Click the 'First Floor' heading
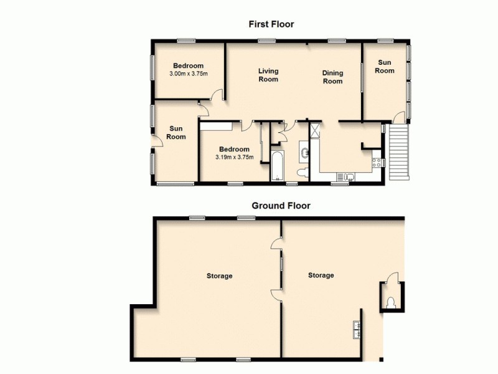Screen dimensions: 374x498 (x=271, y=24)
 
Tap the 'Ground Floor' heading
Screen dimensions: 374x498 (x=281, y=205)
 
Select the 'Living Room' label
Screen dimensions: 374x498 (x=268, y=75)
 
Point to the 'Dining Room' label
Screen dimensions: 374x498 (x=332, y=77)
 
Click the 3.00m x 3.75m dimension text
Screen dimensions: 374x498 (x=188, y=74)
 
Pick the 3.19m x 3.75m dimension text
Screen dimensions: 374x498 (x=234, y=157)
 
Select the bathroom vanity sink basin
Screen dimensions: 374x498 (x=304, y=151)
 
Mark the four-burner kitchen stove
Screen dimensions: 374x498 (x=376, y=163)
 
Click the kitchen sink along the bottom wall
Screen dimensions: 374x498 (x=349, y=176)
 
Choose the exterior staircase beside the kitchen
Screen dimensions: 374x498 (x=399, y=151)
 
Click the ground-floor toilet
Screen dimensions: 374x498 (x=390, y=302)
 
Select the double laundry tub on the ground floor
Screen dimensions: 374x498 (x=357, y=327)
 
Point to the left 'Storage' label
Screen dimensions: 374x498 (x=220, y=276)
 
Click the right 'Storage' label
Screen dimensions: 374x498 (x=321, y=275)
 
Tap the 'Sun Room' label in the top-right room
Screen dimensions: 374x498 (x=385, y=66)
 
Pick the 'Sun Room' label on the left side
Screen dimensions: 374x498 (x=176, y=132)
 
